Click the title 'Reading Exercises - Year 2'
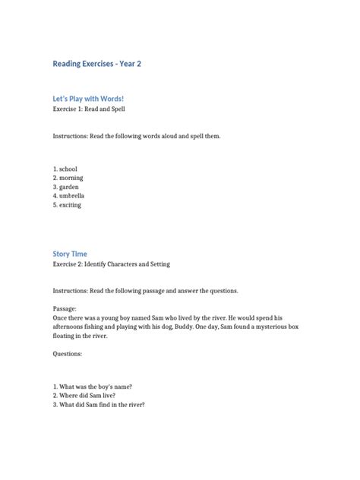tap(96, 64)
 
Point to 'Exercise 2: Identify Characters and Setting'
tap(112, 264)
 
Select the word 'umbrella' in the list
tap(72, 195)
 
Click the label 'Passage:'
tap(66, 308)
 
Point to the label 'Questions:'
tap(68, 354)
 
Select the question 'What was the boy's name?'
tap(97, 386)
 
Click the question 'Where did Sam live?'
tap(90, 395)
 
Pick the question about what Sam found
tap(102, 404)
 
